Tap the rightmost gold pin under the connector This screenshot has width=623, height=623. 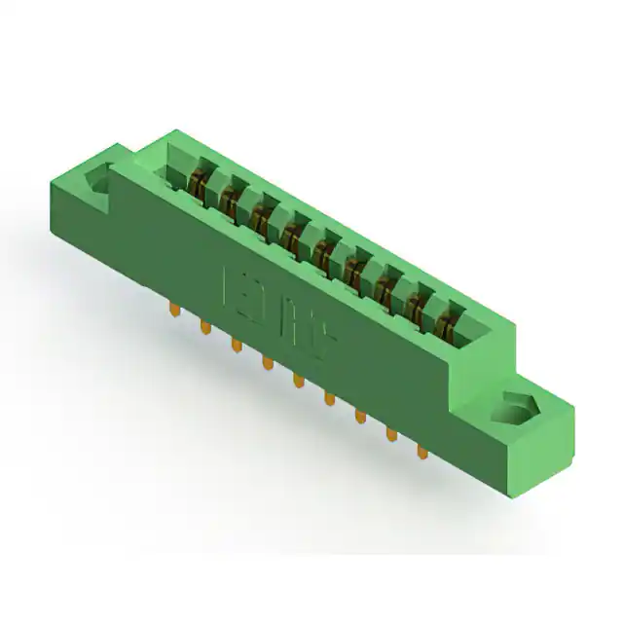(422, 451)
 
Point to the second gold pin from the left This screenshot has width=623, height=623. (205, 326)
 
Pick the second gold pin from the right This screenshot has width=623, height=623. (392, 433)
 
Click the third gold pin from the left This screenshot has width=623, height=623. (236, 344)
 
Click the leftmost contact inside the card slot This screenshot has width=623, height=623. (199, 181)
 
